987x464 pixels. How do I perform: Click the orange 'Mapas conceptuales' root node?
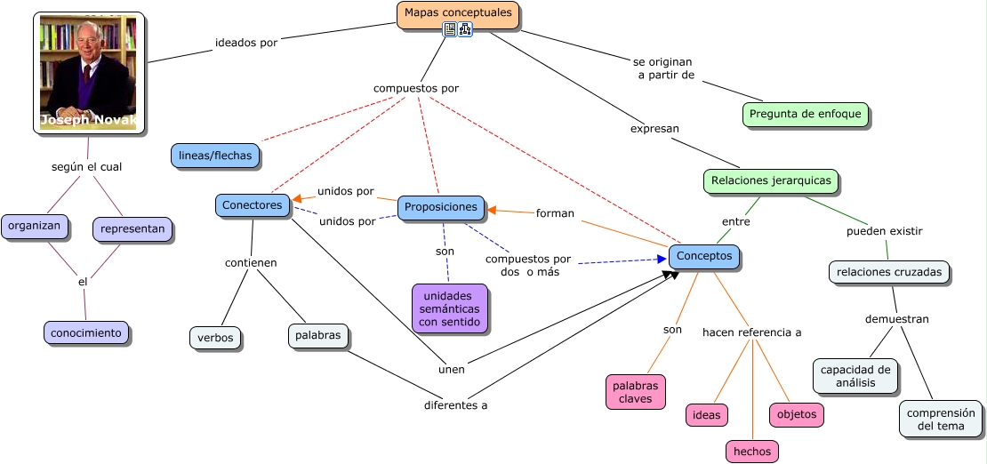point(458,13)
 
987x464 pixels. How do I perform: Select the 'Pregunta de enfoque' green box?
point(805,114)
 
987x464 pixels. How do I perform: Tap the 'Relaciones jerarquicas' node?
point(771,180)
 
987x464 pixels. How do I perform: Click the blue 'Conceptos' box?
point(704,256)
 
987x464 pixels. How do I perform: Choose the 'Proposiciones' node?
point(440,207)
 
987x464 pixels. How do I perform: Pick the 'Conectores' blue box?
point(253,205)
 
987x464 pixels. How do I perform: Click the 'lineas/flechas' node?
point(214,156)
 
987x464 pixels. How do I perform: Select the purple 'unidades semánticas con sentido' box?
point(449,308)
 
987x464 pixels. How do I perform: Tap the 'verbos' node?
point(215,338)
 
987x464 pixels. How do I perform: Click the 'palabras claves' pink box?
point(636,392)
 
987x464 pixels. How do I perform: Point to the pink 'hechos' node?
point(751,452)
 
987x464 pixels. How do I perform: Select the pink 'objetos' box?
point(796,414)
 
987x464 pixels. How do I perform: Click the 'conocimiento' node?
point(85,332)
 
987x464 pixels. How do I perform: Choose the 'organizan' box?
point(35,226)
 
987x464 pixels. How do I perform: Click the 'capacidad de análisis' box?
point(855,376)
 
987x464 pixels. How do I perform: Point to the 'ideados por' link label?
point(246,42)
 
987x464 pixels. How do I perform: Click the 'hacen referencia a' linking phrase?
point(751,332)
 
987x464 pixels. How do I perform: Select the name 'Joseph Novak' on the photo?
point(88,120)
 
